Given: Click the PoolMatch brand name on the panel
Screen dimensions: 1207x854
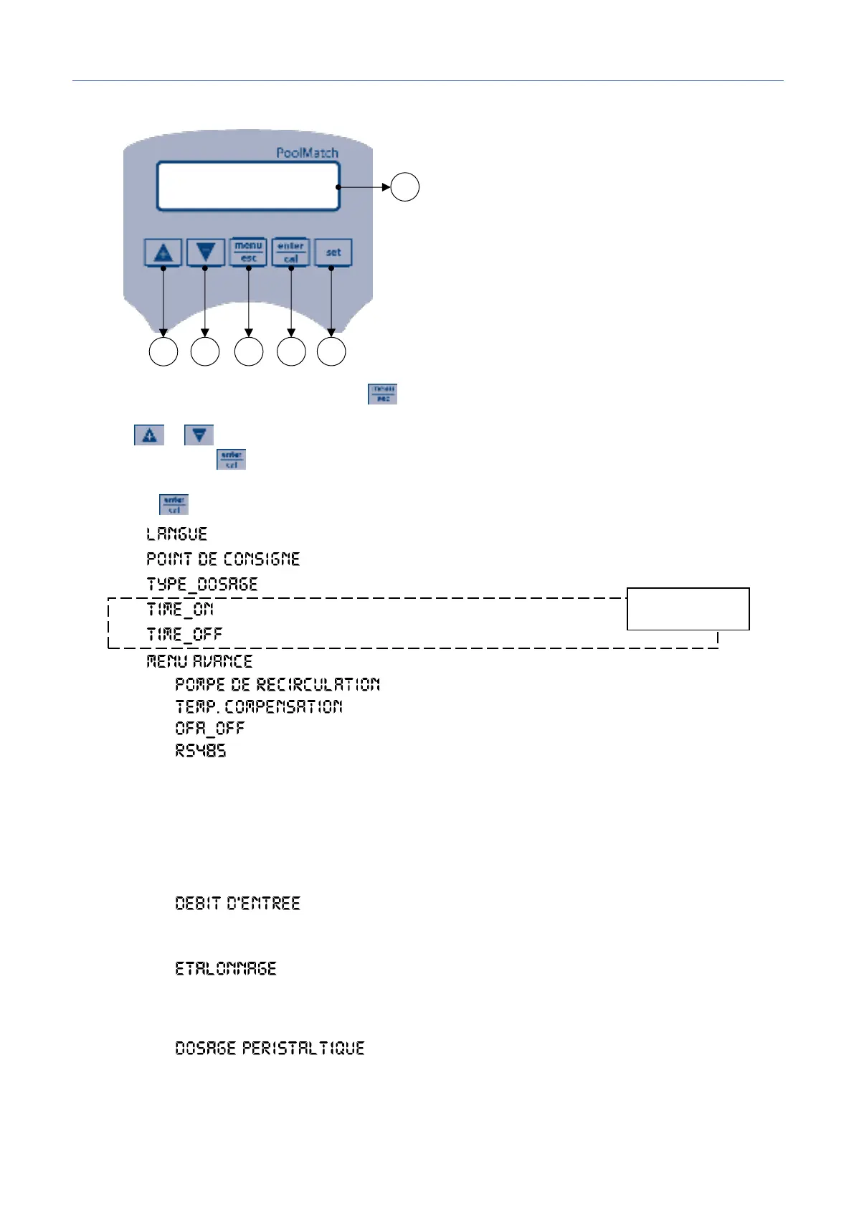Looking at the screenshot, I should pyautogui.click(x=307, y=153).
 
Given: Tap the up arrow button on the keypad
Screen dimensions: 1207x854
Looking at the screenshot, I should pyautogui.click(x=163, y=252).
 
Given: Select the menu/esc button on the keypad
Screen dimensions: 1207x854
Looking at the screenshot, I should pyautogui.click(x=248, y=252).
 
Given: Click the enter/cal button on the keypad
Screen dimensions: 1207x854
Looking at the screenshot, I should pyautogui.click(x=290, y=252).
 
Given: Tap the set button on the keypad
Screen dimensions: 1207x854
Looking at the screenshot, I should pyautogui.click(x=333, y=252).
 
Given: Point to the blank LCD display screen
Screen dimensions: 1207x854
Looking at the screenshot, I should pyautogui.click(x=247, y=186).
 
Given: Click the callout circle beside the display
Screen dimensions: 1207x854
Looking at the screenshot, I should pyautogui.click(x=404, y=187).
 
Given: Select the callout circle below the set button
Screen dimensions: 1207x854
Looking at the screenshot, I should pyautogui.click(x=331, y=352).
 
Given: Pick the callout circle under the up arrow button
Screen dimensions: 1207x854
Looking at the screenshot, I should pyautogui.click(x=163, y=352).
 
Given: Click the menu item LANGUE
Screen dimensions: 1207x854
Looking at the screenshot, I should pyautogui.click(x=176, y=534).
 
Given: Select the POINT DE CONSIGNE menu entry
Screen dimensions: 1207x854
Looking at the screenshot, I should pyautogui.click(x=223, y=559).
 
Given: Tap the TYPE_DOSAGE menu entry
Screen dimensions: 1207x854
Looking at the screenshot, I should pyautogui.click(x=201, y=584).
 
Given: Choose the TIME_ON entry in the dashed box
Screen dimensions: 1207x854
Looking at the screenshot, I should pyautogui.click(x=180, y=610).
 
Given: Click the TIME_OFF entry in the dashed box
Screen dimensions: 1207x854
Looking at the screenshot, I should pyautogui.click(x=184, y=635).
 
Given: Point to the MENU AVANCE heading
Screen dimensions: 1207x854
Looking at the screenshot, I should pyautogui.click(x=199, y=661).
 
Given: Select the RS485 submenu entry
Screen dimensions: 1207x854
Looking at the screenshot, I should pyautogui.click(x=201, y=751).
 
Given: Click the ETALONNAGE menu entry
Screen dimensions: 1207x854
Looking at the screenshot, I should pyautogui.click(x=225, y=969).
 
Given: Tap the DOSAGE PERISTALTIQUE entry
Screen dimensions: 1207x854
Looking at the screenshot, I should pyautogui.click(x=270, y=1049).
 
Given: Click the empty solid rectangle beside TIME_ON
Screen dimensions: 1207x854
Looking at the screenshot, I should pyautogui.click(x=688, y=609).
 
